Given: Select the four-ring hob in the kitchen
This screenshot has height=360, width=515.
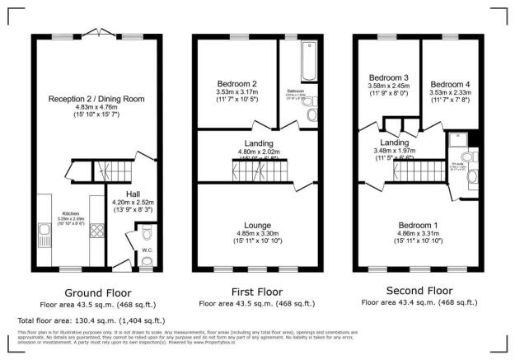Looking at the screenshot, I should (x=96, y=232).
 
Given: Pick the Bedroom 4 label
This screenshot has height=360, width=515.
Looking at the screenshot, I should (x=450, y=83).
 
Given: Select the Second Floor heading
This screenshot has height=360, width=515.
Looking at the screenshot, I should (x=419, y=290).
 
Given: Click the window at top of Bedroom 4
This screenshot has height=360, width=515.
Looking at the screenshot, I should (x=450, y=38).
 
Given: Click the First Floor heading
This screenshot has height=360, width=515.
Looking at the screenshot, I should (x=257, y=292).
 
